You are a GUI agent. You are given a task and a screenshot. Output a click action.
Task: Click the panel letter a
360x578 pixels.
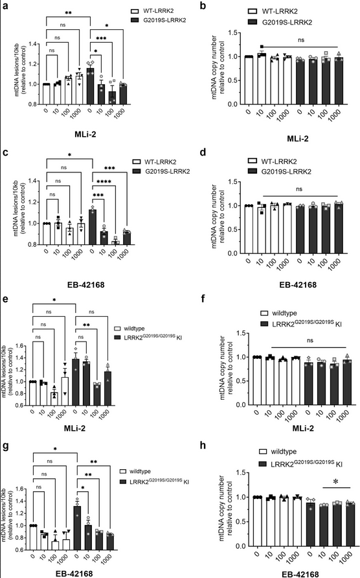pyautogui.click(x=5, y=6)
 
